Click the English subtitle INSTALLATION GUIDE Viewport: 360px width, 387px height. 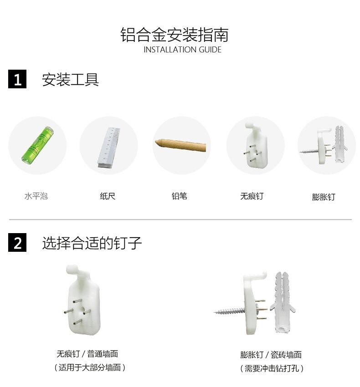pyautogui.click(x=182, y=50)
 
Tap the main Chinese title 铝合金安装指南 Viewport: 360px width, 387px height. pyautogui.click(x=175, y=35)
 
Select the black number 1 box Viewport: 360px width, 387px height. pyautogui.click(x=17, y=79)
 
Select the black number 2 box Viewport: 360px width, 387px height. pyautogui.click(x=17, y=242)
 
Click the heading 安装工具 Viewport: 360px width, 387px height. pyautogui.click(x=71, y=80)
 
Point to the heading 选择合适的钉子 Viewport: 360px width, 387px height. pyautogui.click(x=92, y=243)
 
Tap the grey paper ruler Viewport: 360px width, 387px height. pyautogui.click(x=109, y=148)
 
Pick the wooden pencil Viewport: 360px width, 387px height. pyautogui.click(x=180, y=145)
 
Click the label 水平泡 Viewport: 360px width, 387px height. pyautogui.click(x=36, y=196)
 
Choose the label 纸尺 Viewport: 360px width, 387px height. pyautogui.click(x=108, y=196)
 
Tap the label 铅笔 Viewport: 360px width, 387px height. pyautogui.click(x=180, y=196)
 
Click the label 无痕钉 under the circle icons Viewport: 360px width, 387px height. pyautogui.click(x=252, y=196)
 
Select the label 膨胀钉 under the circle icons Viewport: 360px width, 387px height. pyautogui.click(x=324, y=197)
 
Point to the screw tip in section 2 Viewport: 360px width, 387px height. pyautogui.click(x=214, y=312)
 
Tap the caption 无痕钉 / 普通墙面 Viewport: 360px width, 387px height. pyautogui.click(x=87, y=354)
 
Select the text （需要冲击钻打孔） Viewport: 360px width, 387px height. pyautogui.click(x=272, y=368)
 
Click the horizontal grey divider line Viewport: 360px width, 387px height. pyautogui.click(x=180, y=219)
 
